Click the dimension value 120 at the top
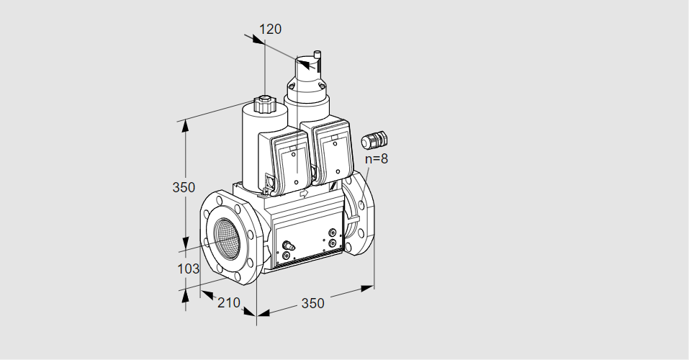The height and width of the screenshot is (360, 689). (270, 29)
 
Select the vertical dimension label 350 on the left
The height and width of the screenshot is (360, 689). (184, 187)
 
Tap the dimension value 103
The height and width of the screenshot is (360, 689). (188, 269)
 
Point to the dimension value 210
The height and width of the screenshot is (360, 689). (229, 302)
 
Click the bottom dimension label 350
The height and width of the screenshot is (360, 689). (312, 303)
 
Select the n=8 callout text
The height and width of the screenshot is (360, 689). (377, 158)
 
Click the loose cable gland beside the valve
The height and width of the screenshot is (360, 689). (374, 139)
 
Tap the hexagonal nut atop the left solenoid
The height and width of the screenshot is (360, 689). (264, 105)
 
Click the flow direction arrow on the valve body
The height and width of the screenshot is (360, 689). (304, 194)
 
